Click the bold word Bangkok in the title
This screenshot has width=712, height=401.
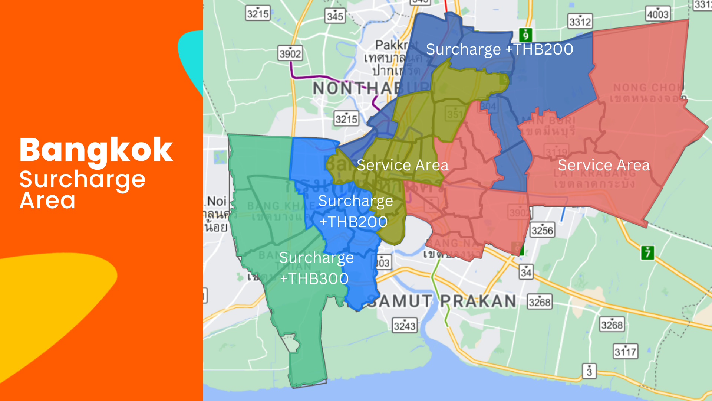[x=96, y=150]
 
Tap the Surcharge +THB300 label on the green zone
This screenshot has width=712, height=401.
[x=316, y=268]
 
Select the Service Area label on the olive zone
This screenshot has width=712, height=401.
[x=402, y=166]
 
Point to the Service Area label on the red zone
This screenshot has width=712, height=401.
[x=604, y=166]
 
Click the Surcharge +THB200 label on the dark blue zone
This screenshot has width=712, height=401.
[x=500, y=49]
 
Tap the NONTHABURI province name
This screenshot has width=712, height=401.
[x=371, y=88]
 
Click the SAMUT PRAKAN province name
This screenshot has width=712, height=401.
[x=441, y=301]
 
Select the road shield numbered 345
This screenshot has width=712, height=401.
[x=335, y=16]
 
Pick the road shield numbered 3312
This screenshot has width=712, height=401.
[x=580, y=22]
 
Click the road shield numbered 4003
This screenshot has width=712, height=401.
[x=657, y=14]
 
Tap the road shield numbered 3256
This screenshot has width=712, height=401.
[x=542, y=231]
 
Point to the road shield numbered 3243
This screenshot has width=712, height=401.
[x=405, y=326]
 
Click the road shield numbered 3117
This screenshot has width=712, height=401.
[x=625, y=351]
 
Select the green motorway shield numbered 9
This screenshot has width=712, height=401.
[x=525, y=35]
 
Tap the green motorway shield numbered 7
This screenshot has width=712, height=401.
[x=647, y=253]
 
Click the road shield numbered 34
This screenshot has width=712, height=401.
[x=526, y=272]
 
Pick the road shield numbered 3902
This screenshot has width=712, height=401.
[x=290, y=53]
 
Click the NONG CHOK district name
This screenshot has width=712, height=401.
[x=647, y=88]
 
